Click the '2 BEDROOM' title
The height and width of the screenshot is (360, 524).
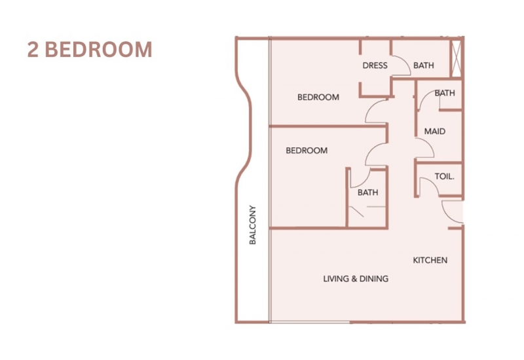pyautogui.click(x=90, y=50)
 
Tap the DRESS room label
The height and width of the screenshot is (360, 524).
pyautogui.click(x=375, y=65)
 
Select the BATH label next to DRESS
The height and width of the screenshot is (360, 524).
pyautogui.click(x=423, y=65)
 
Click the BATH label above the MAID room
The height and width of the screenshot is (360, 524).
pyautogui.click(x=445, y=93)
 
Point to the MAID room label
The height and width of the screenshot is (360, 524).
pyautogui.click(x=435, y=132)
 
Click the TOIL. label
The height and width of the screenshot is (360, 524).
pyautogui.click(x=444, y=176)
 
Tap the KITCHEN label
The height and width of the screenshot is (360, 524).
pyautogui.click(x=430, y=260)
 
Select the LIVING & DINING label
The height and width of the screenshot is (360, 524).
pyautogui.click(x=356, y=279)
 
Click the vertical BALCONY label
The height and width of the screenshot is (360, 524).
pyautogui.click(x=253, y=225)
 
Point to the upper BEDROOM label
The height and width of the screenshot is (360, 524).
pyautogui.click(x=318, y=97)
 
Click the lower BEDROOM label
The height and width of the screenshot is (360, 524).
pyautogui.click(x=307, y=151)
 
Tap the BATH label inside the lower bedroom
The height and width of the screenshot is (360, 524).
pyautogui.click(x=367, y=192)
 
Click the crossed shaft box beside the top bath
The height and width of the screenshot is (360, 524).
pyautogui.click(x=456, y=58)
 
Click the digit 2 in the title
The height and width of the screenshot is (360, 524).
pyautogui.click(x=33, y=50)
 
